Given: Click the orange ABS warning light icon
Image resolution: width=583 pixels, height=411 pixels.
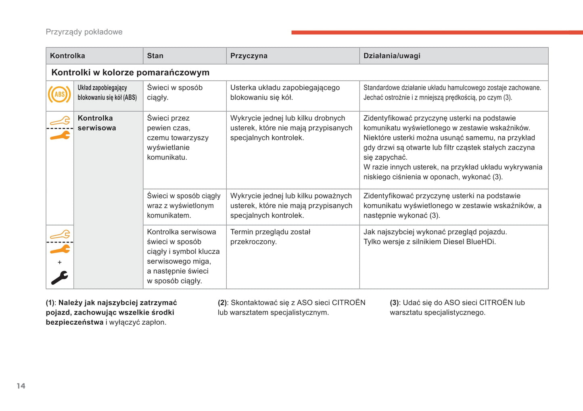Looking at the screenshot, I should (x=59, y=94).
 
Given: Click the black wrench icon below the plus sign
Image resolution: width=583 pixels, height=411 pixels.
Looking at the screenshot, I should (x=60, y=277).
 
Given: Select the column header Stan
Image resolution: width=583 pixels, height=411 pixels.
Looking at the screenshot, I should (x=155, y=56).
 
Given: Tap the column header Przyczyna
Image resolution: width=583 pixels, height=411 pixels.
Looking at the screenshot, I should (x=249, y=56).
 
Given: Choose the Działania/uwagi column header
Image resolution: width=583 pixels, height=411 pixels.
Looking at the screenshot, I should (x=392, y=56).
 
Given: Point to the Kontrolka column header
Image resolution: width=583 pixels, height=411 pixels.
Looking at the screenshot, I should (x=67, y=56).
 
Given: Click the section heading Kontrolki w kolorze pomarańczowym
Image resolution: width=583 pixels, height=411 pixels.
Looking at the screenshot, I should (x=130, y=73).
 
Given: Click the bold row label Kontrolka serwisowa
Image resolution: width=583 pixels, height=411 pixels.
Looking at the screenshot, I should (x=97, y=123).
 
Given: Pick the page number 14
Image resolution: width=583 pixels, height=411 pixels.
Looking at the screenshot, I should (x=21, y=386).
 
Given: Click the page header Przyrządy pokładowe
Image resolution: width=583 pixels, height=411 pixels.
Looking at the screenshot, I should (x=84, y=32).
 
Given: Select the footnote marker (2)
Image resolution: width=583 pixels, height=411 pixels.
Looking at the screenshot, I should (x=222, y=303).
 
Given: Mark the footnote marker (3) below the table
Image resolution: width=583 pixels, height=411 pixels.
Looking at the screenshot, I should (x=394, y=303).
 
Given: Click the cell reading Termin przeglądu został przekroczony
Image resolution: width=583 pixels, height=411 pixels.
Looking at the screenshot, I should (x=270, y=237).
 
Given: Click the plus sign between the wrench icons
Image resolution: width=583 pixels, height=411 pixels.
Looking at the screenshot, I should (x=60, y=262).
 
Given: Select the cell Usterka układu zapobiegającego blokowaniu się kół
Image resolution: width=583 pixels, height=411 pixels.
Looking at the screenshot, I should (x=285, y=92).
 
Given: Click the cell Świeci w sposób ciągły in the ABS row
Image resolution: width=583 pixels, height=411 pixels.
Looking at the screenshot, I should (x=175, y=92).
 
